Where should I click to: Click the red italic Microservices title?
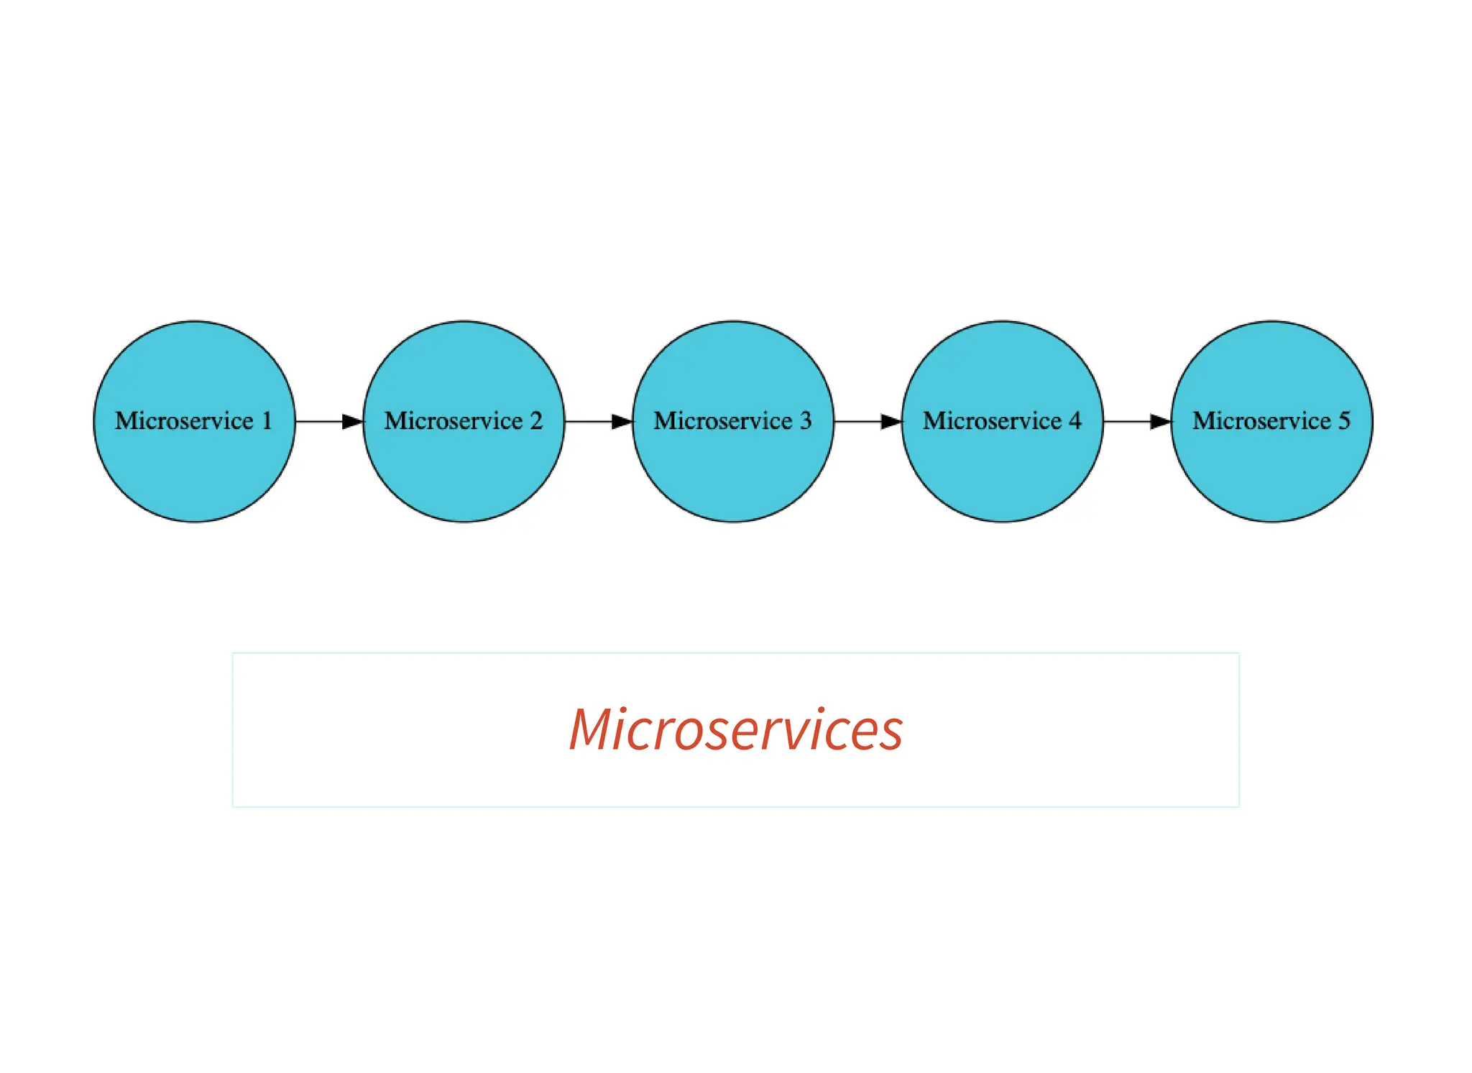coord(736,729)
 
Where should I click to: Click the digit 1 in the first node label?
coord(267,420)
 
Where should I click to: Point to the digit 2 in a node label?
coord(536,420)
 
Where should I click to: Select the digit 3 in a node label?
coord(806,420)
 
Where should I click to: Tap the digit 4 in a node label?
coord(1075,420)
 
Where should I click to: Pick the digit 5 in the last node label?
coord(1344,420)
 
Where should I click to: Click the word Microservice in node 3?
coord(722,420)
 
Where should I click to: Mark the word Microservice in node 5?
coord(1261,420)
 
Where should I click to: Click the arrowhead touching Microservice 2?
coord(353,422)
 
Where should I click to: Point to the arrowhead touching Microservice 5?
coord(1161,422)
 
